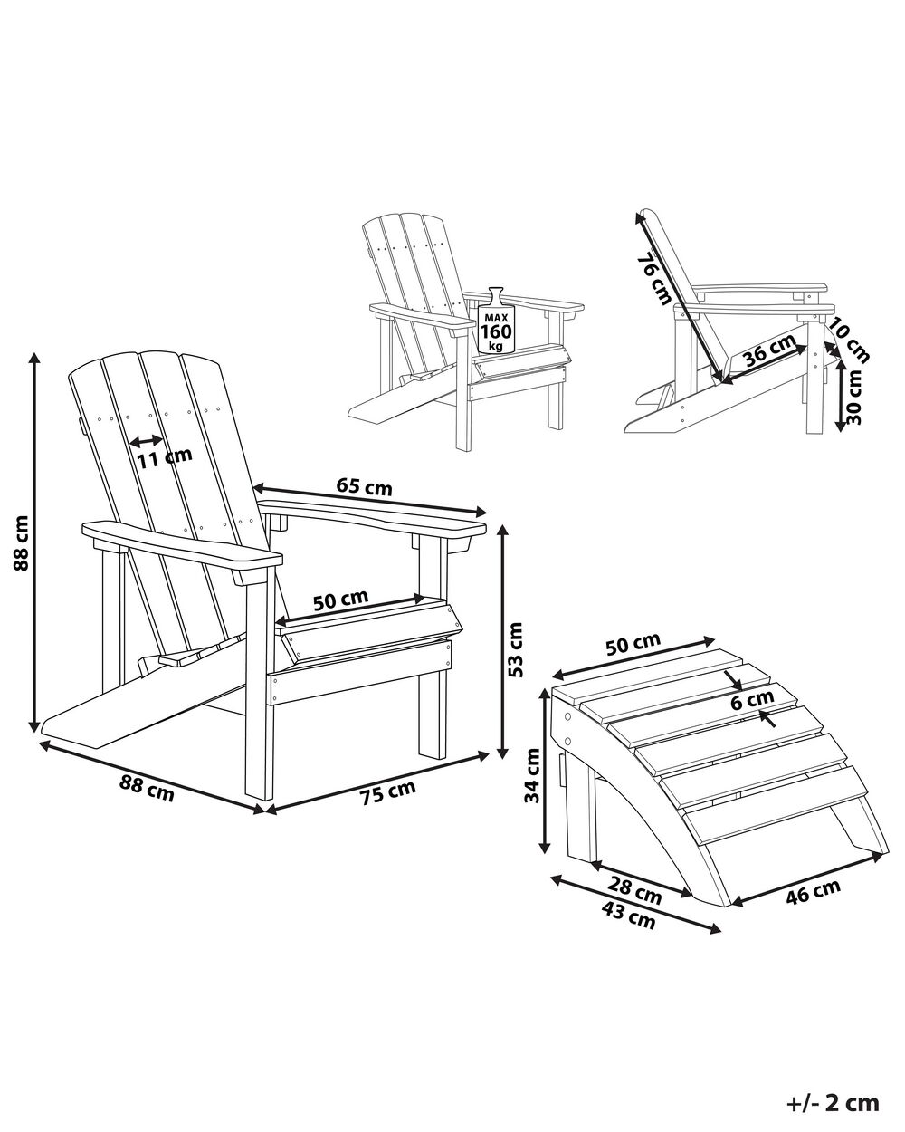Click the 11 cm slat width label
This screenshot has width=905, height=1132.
click(165, 457)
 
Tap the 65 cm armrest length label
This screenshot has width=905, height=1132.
click(365, 486)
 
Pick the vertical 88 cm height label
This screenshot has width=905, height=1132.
click(22, 543)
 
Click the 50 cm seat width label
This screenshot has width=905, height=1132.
click(341, 600)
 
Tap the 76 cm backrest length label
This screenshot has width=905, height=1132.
click(653, 279)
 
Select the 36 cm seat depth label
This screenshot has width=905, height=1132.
click(770, 350)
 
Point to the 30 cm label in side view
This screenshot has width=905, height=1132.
click(855, 398)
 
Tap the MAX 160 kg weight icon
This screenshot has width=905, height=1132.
click(495, 321)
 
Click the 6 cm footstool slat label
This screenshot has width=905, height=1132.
click(752, 699)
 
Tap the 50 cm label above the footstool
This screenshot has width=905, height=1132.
click(633, 645)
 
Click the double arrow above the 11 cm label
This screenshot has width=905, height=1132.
click(147, 440)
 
